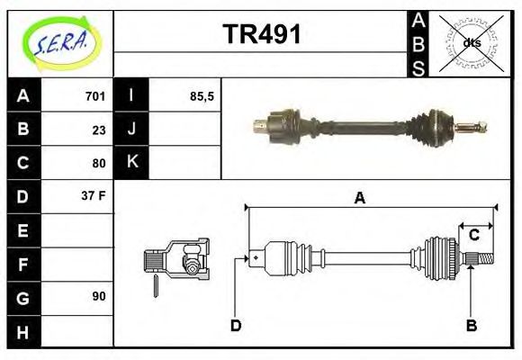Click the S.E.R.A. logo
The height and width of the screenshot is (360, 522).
pyautogui.click(x=60, y=42)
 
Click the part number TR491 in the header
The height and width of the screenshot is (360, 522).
pyautogui.click(x=261, y=35)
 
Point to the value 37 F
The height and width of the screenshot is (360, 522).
pyautogui.click(x=94, y=195)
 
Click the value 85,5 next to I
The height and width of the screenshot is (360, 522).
pyautogui.click(x=202, y=95)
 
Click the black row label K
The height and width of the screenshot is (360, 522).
pyautogui.click(x=131, y=162)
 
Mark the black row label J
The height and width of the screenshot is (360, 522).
pyautogui.click(x=131, y=129)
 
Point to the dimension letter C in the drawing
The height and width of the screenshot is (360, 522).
pyautogui.click(x=472, y=235)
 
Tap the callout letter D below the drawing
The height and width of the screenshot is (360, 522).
pyautogui.click(x=236, y=325)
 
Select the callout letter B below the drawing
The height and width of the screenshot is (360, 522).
pyautogui.click(x=471, y=325)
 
